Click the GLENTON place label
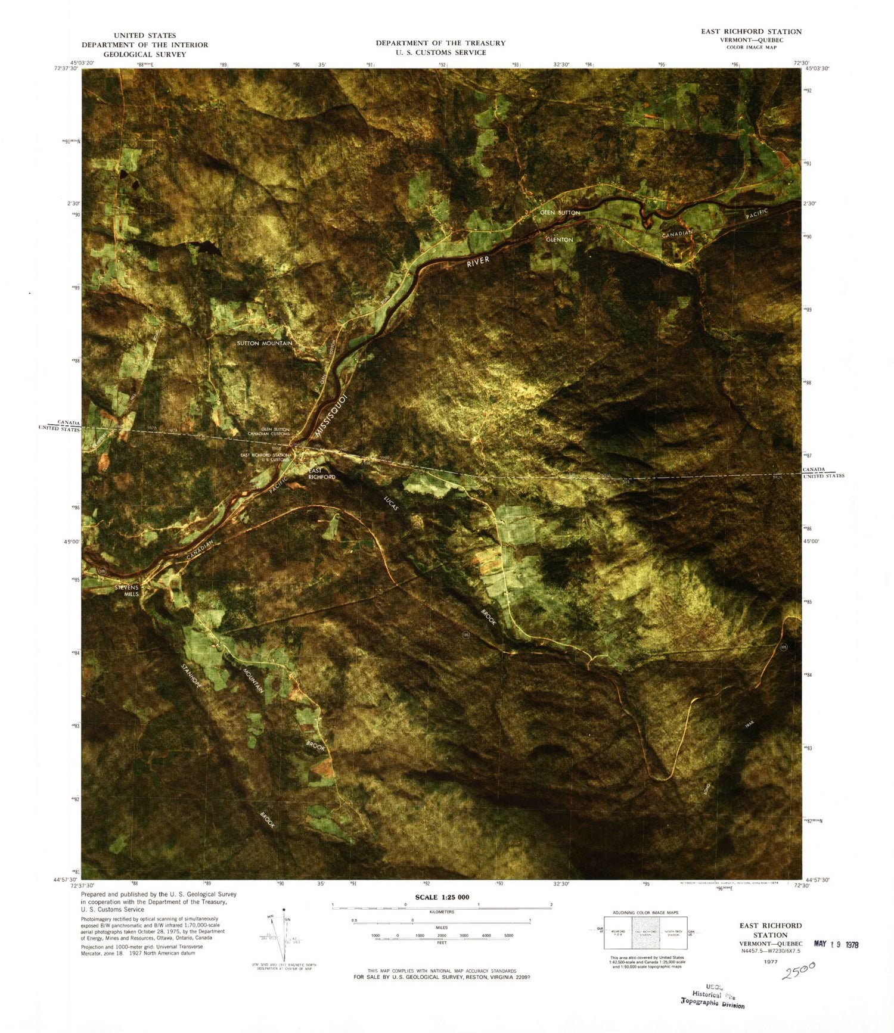559,239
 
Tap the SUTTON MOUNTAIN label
265,343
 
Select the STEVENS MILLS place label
127,591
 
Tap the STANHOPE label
191,676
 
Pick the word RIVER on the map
478,262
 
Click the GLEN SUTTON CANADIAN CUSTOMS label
269,431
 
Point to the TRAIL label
749,725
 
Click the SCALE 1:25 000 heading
442,897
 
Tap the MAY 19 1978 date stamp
836,944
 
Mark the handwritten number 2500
799,970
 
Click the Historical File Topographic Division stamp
713,999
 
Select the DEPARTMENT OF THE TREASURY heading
440,43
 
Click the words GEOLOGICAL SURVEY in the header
145,54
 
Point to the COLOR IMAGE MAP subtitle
751,47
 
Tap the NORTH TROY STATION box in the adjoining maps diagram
673,933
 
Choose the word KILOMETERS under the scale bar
442,912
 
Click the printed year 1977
771,962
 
